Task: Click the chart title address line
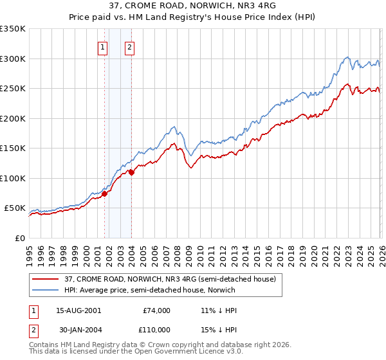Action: coord(193,6)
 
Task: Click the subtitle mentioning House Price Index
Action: coord(193,17)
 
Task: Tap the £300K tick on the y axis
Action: coord(13,59)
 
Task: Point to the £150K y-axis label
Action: coord(13,148)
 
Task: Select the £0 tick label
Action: coord(19,238)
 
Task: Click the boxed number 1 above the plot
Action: coord(103,46)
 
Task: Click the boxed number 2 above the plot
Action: coord(129,46)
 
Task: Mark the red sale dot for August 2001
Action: coord(104,194)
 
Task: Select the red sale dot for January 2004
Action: coord(131,172)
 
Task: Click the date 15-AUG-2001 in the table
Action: coord(79,310)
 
